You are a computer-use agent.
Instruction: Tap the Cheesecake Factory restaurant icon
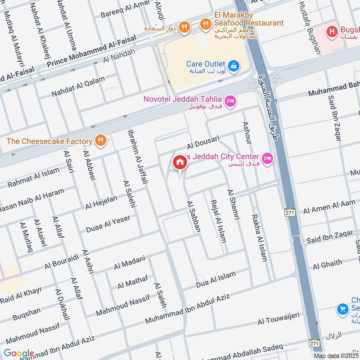[x=101, y=141]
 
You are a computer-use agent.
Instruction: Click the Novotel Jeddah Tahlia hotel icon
[x=230, y=101]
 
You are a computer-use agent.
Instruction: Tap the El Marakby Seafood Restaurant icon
[x=206, y=23]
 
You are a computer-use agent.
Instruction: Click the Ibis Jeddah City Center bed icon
[x=268, y=158]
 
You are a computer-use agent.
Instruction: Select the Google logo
[x=19, y=353]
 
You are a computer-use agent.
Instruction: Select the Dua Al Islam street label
[x=216, y=280]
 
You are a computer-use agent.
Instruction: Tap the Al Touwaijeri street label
[x=279, y=319]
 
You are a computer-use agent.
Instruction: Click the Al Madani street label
[x=130, y=262]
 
